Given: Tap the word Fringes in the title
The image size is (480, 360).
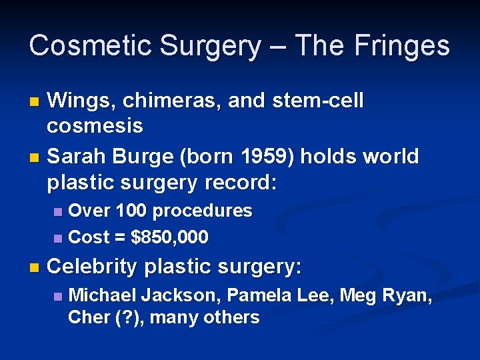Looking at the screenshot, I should tap(402, 46).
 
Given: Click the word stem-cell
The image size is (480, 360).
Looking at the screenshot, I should tap(317, 101).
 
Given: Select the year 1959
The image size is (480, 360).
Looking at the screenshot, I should tap(276, 157).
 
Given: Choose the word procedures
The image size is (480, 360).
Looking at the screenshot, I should tap(203, 211).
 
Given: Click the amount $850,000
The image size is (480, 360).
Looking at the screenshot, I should tap(170, 237).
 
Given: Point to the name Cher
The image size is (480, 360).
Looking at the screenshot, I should tap(86, 317).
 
